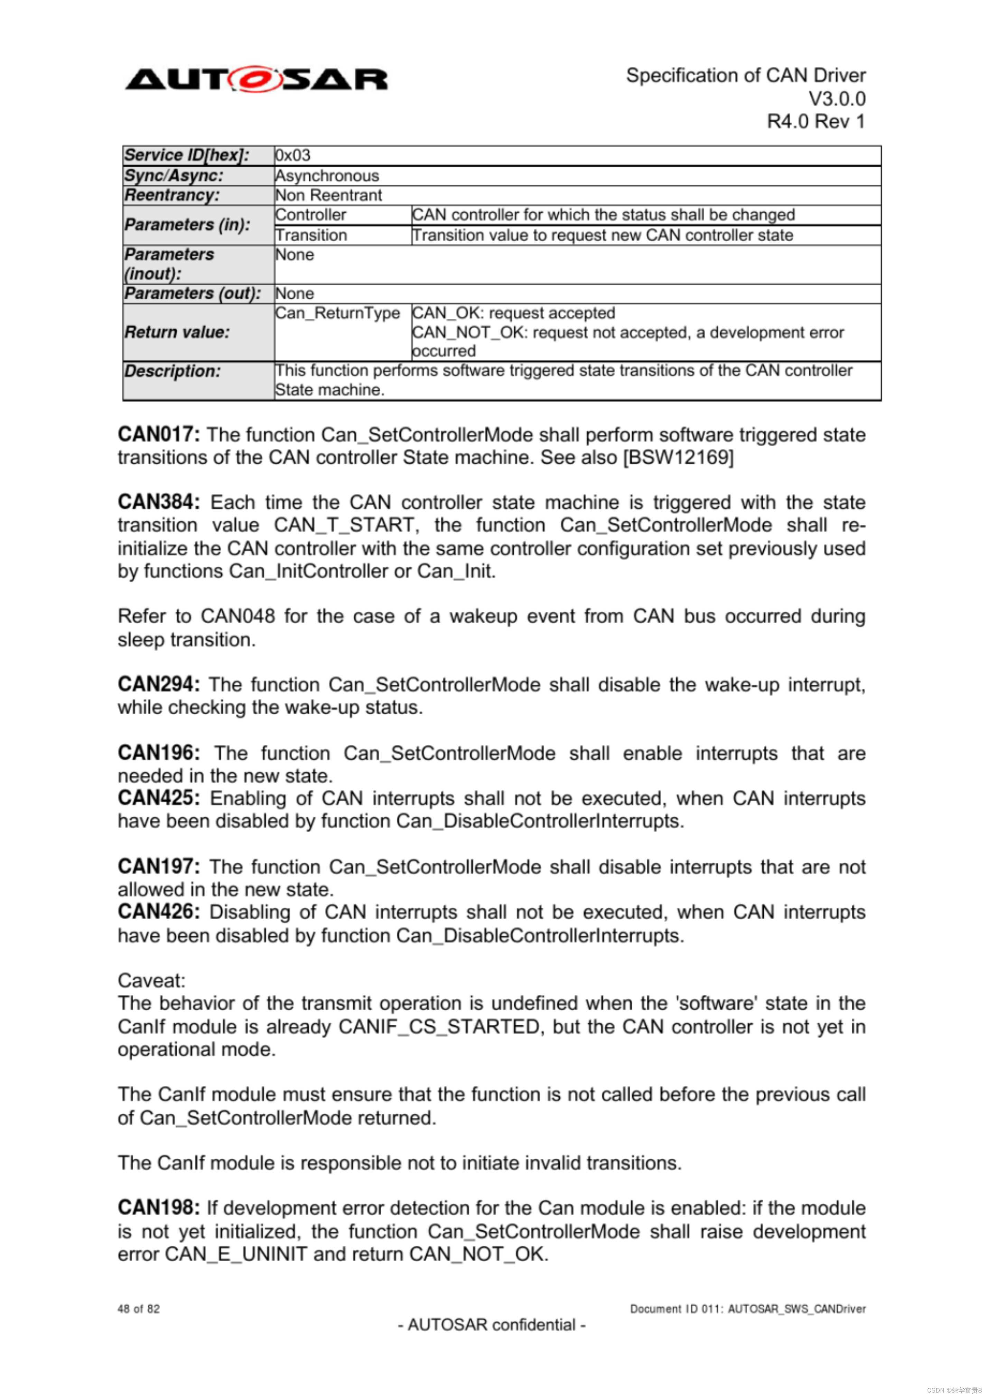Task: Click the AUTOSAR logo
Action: click(x=256, y=80)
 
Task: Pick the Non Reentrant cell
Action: click(x=328, y=195)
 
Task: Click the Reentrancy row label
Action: click(x=172, y=195)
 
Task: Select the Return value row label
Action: click(x=177, y=332)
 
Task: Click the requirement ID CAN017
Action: click(x=158, y=435)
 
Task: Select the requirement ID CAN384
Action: click(x=158, y=502)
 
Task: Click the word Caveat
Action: click(x=151, y=981)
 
